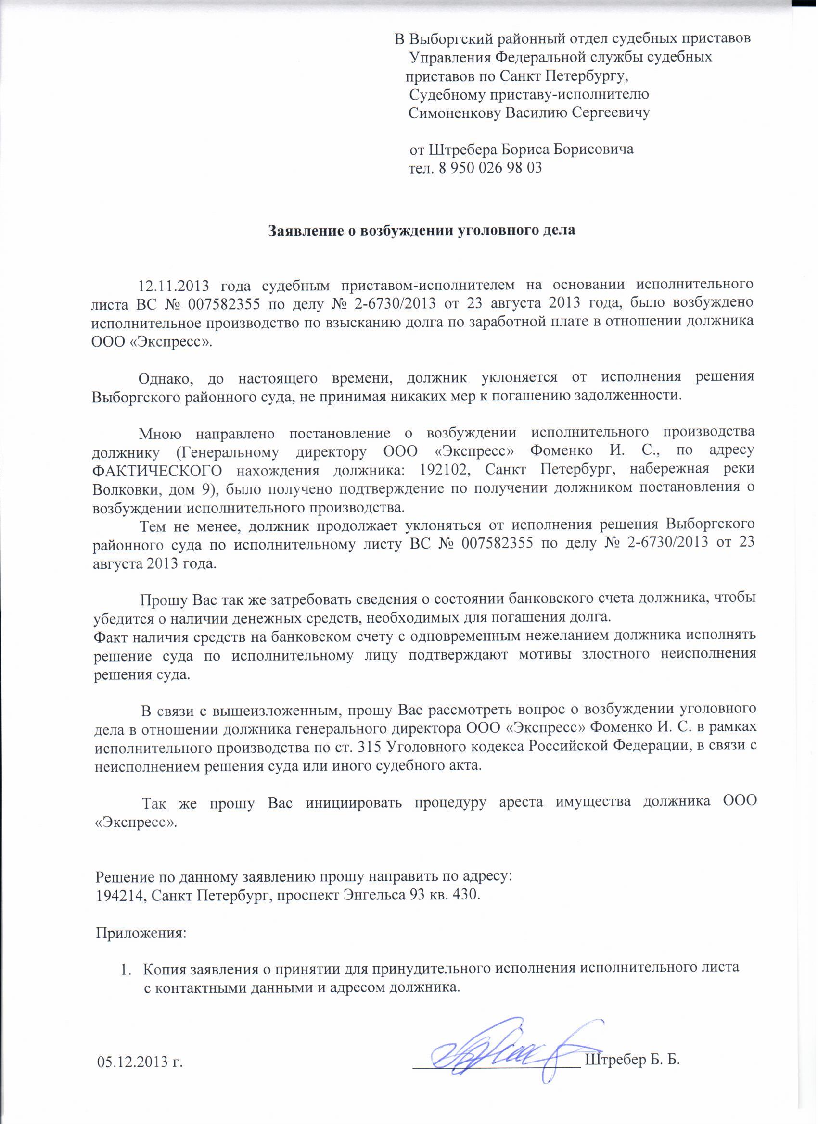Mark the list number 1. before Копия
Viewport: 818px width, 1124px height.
point(127,969)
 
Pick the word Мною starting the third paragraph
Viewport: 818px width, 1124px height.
point(161,433)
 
